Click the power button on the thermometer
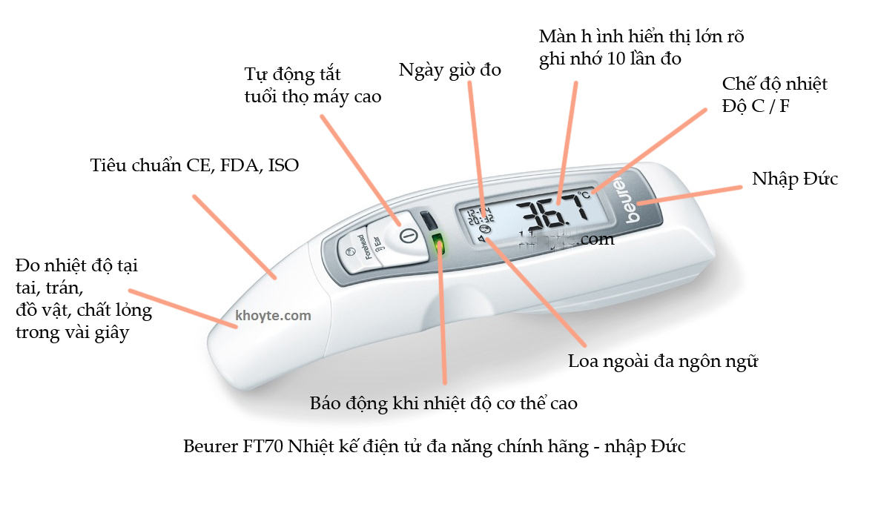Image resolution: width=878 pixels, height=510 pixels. point(404,236)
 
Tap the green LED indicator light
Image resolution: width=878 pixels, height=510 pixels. point(438,244)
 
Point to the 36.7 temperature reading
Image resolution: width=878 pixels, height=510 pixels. point(548,211)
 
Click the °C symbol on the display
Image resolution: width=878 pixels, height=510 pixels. point(585,195)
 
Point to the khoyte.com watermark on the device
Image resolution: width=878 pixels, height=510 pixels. point(273,316)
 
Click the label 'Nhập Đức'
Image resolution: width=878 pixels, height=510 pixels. point(795,179)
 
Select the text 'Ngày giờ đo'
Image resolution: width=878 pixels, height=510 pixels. point(449,70)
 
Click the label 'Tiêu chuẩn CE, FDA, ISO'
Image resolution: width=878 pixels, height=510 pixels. point(194,165)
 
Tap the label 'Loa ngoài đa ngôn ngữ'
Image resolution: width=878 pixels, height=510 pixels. point(663,362)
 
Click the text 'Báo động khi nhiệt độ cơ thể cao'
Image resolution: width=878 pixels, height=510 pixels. point(443,403)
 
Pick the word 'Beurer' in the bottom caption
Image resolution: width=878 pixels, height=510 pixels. point(210,448)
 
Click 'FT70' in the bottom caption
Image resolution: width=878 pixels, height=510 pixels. point(263,448)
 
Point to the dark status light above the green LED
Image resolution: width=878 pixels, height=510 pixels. point(429,221)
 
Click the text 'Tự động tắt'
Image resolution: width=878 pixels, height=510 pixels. point(292,75)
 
